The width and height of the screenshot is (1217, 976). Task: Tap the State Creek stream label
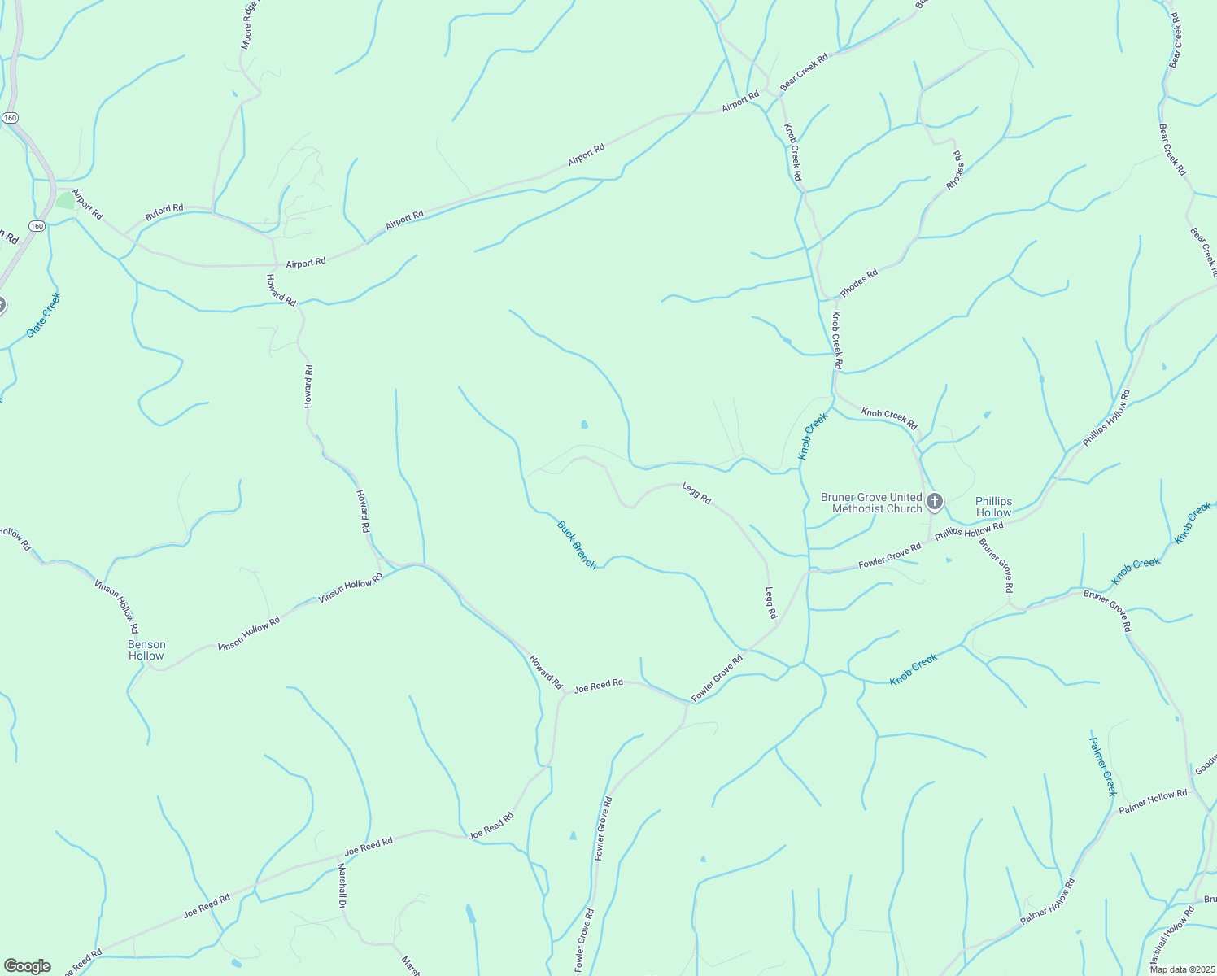[x=44, y=315]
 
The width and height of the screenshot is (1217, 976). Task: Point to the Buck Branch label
[x=577, y=545]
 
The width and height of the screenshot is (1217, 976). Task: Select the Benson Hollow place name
[x=146, y=650]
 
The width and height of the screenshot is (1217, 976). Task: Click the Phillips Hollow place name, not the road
[x=993, y=507]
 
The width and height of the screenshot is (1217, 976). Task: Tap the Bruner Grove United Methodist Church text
[x=871, y=503]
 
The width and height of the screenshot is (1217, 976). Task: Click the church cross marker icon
[x=935, y=501]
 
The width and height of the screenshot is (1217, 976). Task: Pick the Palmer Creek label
[x=1104, y=766]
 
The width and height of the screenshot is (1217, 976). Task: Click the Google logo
[x=26, y=966]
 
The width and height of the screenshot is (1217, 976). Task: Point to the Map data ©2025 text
[x=1181, y=969]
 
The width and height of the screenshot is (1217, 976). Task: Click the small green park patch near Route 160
[x=65, y=200]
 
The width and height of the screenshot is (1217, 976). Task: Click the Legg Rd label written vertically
[x=771, y=602]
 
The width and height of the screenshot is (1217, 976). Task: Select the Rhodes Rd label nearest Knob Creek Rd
[x=859, y=282]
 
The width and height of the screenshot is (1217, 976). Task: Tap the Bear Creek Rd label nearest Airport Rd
[x=804, y=72]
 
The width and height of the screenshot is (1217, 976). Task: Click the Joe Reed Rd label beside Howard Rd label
[x=599, y=686]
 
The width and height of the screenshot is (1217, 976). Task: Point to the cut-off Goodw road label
[x=1206, y=765]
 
